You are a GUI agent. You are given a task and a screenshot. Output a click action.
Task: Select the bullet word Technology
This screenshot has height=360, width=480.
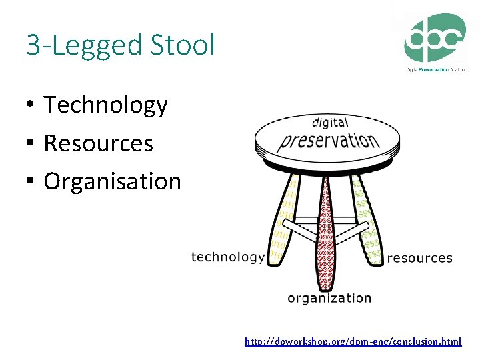click(x=105, y=105)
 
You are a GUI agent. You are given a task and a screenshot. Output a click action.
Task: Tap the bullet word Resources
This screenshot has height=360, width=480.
click(x=98, y=143)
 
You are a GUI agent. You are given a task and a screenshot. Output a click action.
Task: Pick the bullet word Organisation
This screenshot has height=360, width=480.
click(x=112, y=181)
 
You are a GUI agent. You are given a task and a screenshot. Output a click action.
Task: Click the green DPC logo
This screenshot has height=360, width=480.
click(x=436, y=37)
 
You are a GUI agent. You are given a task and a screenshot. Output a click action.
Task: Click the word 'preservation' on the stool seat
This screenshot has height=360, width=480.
click(x=329, y=140)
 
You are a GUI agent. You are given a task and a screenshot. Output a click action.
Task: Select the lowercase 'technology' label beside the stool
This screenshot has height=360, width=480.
click(x=227, y=257)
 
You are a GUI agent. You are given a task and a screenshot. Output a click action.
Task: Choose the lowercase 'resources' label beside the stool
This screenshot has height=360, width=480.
click(x=419, y=258)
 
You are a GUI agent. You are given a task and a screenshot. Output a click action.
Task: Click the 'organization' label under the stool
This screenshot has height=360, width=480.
click(x=329, y=298)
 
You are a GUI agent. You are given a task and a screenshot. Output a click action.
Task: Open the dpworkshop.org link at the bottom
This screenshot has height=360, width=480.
click(x=353, y=341)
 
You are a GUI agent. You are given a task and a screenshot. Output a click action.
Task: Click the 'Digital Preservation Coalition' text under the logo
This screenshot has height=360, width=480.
click(x=437, y=69)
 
